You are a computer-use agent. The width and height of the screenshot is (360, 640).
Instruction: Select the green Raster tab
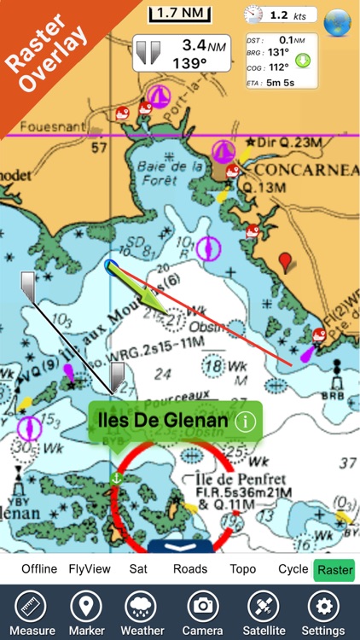[x=335, y=569]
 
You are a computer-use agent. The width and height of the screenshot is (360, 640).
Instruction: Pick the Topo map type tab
[x=243, y=569]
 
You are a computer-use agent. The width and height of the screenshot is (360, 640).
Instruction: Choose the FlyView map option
[x=89, y=569]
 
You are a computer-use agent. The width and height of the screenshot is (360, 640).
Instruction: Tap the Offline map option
[x=39, y=569]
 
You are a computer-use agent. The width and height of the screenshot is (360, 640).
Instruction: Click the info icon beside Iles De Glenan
[x=246, y=421]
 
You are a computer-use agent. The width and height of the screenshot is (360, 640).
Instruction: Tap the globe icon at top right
[x=338, y=20]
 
